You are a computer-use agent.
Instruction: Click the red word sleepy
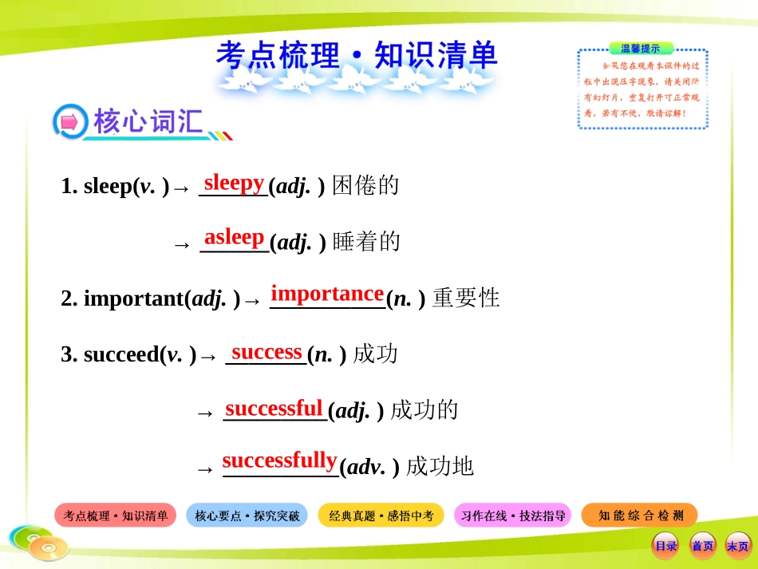point(234,184)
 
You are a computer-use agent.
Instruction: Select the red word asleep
point(234,237)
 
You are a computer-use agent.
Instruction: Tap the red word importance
point(327,294)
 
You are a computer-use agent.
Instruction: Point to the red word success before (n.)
point(266,352)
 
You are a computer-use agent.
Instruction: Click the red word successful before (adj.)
point(274,408)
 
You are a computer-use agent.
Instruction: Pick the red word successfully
point(279,460)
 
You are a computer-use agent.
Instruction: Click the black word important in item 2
point(134,298)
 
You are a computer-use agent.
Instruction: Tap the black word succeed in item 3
point(121,354)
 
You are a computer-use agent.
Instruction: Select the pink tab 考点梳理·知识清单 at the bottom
point(115,516)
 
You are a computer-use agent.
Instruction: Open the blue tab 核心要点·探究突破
point(247,516)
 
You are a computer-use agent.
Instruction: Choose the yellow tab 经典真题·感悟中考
point(381,516)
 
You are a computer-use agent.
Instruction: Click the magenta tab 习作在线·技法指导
point(513,516)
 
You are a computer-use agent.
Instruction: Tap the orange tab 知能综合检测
point(640,516)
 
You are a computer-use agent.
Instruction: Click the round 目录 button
point(665,546)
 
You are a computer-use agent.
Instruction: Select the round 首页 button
point(702,546)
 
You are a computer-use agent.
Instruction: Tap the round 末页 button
point(738,546)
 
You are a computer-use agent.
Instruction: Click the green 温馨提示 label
point(641,49)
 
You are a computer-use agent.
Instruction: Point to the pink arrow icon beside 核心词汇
point(70,122)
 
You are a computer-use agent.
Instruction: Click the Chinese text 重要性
point(466,298)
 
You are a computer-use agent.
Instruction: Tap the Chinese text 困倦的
point(365,186)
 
